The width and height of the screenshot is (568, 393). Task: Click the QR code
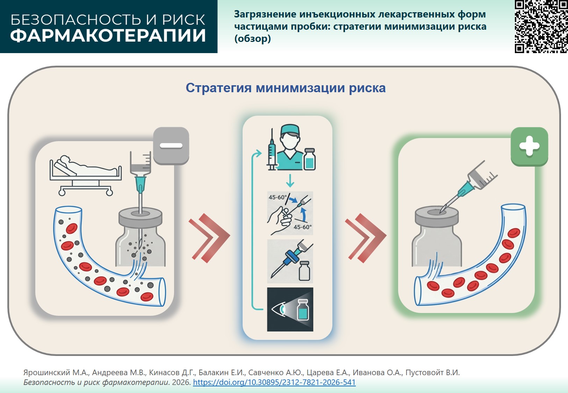541,27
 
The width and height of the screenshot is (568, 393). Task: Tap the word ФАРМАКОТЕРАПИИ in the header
108,36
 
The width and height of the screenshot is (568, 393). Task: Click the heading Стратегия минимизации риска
286,88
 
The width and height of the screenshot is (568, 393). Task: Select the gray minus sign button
171,146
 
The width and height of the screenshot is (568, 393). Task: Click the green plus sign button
529,146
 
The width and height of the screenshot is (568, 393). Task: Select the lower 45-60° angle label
302,227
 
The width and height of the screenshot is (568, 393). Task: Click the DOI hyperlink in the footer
274,382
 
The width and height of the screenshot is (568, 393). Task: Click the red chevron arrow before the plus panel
365,238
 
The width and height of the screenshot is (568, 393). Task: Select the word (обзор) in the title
252,38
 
